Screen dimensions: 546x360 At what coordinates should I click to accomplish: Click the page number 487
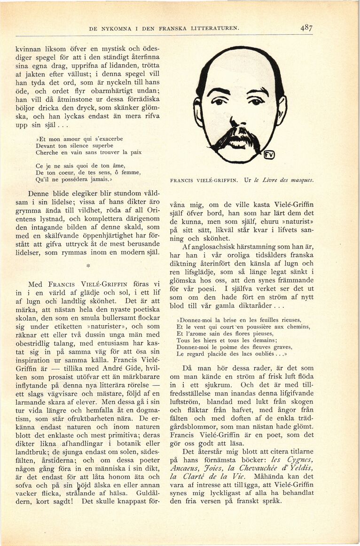coord(306,28)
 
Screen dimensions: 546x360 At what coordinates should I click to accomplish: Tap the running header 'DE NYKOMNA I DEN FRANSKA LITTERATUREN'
coord(164,29)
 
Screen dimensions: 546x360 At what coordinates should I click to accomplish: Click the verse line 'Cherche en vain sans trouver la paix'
coord(88,152)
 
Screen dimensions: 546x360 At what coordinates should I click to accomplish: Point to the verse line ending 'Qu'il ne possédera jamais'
coord(75,179)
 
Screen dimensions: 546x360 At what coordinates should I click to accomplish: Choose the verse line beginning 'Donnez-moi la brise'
coord(238,320)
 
